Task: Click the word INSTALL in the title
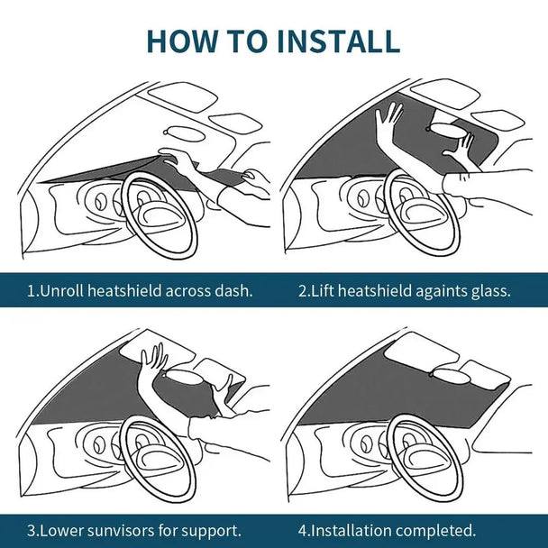tap(337, 41)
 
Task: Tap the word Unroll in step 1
tap(61, 291)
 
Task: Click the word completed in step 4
tap(437, 530)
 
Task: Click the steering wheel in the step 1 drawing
tap(160, 213)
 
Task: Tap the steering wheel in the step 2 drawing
tap(422, 213)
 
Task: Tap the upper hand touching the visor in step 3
tap(152, 358)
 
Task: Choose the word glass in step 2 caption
tap(489, 291)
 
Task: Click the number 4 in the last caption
tap(303, 530)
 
